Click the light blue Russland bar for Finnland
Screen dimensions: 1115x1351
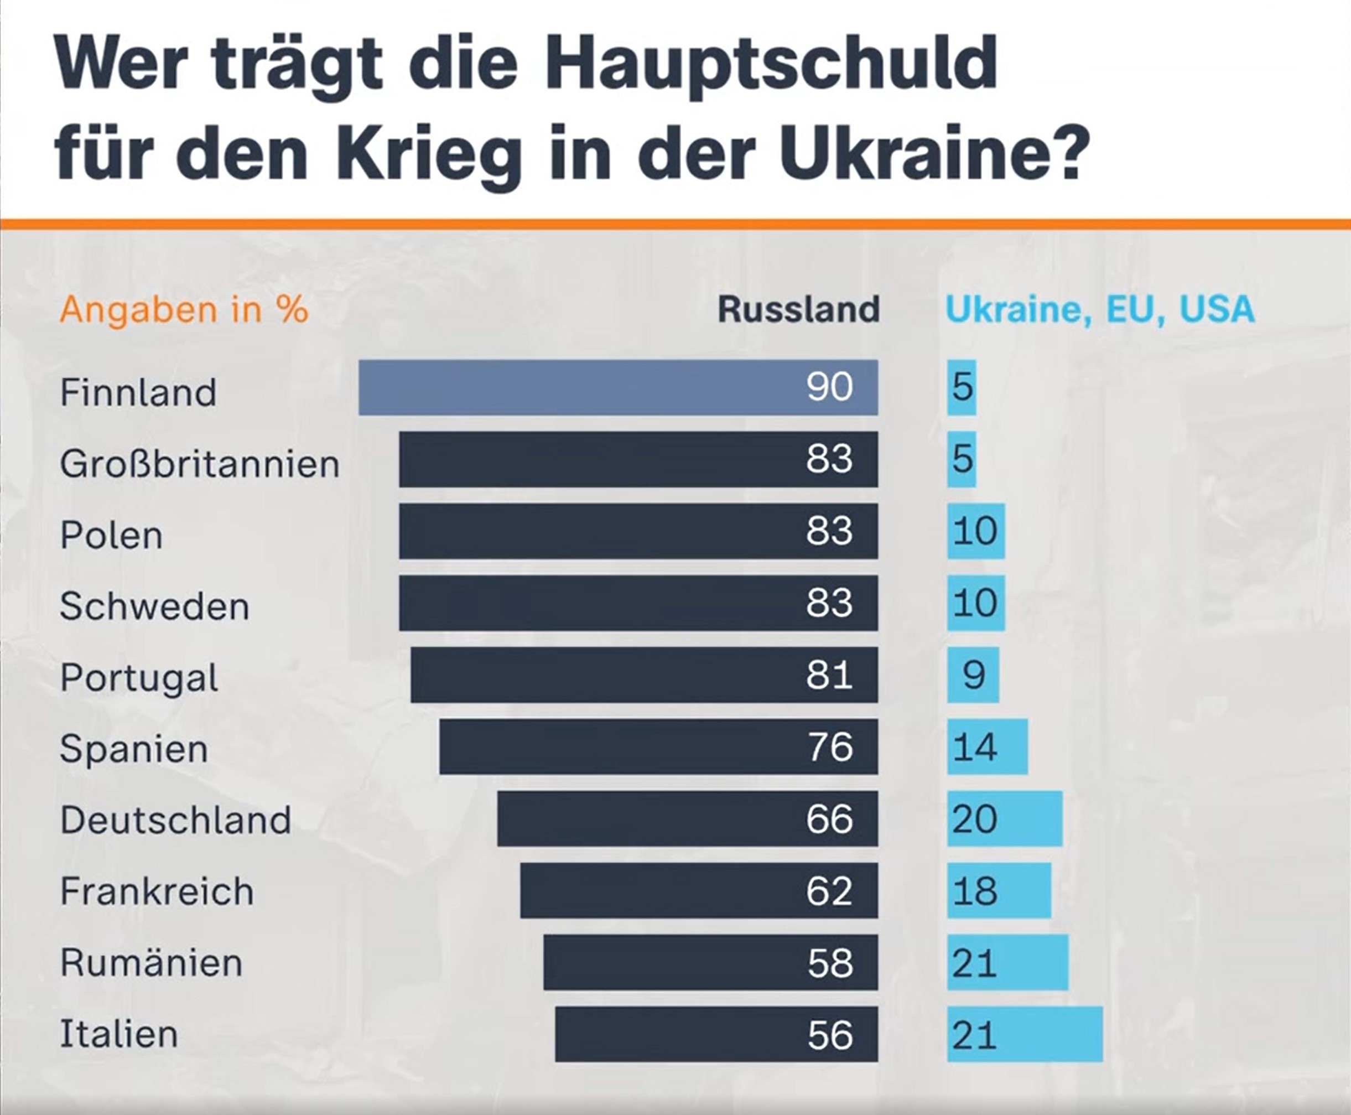618,387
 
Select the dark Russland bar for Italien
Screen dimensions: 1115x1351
716,1034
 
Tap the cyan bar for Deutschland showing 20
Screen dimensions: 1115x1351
1004,819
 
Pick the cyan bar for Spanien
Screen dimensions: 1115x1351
987,747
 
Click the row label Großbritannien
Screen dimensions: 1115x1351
200,464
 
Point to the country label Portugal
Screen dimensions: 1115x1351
139,678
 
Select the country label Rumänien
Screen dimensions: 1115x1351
151,963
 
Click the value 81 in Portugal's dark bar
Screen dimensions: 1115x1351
829,675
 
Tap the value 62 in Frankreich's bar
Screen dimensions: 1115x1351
829,891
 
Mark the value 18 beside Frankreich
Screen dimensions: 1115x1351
975,891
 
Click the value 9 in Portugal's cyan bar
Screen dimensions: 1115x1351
974,675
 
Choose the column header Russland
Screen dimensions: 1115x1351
798,309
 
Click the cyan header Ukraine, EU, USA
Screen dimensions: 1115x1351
1099,309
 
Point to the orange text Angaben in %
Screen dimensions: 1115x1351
184,309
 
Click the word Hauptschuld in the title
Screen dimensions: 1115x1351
771,64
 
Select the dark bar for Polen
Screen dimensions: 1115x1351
638,531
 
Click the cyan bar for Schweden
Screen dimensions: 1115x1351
975,603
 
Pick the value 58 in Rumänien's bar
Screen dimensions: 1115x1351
830,963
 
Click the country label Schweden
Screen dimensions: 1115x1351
154,606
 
